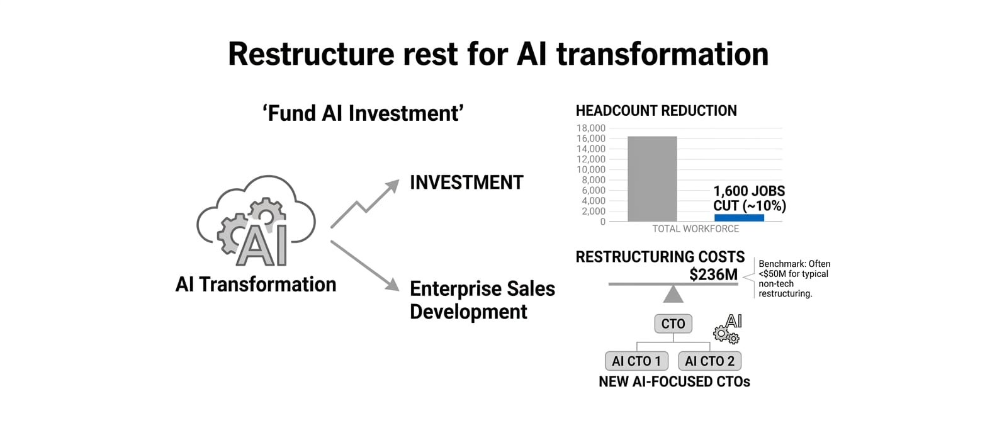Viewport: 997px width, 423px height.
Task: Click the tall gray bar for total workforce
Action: click(x=652, y=179)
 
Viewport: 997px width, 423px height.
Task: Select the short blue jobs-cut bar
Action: click(x=739, y=218)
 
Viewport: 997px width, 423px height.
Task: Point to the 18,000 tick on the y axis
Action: click(x=590, y=128)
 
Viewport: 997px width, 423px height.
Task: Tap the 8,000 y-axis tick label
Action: click(x=594, y=180)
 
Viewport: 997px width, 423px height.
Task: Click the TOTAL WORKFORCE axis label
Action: click(x=696, y=229)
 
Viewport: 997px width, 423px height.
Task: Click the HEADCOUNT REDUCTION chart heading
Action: click(x=656, y=111)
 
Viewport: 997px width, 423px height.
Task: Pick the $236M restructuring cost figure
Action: click(x=713, y=274)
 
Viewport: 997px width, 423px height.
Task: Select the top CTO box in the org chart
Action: click(x=673, y=324)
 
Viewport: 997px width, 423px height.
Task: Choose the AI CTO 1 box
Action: click(x=636, y=361)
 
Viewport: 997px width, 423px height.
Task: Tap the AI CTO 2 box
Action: click(x=709, y=361)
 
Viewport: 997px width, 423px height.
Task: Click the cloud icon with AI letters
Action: click(x=256, y=220)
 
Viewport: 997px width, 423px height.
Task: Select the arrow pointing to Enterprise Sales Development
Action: click(x=365, y=266)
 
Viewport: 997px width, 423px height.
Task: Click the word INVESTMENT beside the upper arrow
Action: click(x=466, y=183)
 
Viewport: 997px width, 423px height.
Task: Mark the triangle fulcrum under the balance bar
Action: click(x=673, y=295)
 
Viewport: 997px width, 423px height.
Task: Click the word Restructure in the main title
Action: click(x=311, y=54)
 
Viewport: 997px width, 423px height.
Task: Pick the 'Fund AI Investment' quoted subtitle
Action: click(x=363, y=113)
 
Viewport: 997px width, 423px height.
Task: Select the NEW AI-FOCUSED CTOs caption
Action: click(x=674, y=381)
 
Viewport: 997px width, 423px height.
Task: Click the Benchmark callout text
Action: click(x=794, y=279)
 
